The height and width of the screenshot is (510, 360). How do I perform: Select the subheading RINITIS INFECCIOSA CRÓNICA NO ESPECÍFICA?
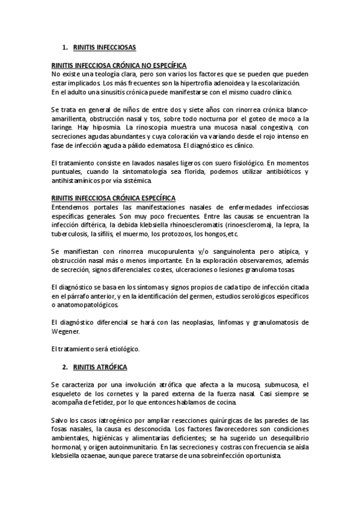(119, 65)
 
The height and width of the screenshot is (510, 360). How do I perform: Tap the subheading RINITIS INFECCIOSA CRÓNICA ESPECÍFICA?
(114, 197)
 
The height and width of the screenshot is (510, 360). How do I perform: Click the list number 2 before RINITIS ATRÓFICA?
(64, 366)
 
